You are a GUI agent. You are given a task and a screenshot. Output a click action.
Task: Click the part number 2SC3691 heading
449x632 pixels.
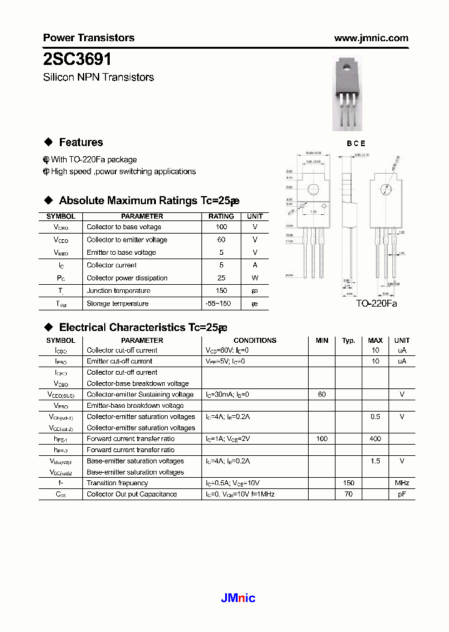(x=77, y=59)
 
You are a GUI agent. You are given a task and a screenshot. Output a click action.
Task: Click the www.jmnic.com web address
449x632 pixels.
(x=371, y=37)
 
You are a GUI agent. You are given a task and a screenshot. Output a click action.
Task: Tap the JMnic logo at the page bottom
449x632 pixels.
(x=238, y=598)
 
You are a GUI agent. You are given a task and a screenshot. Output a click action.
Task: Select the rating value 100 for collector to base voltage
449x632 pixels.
(x=221, y=227)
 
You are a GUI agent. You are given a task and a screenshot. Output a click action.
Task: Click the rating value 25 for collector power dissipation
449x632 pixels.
(x=221, y=278)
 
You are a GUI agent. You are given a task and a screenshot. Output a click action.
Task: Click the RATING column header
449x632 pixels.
(x=221, y=216)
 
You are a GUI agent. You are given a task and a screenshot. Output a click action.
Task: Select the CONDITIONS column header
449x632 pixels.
(x=254, y=340)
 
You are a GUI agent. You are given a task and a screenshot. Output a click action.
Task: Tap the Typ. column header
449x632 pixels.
(x=349, y=340)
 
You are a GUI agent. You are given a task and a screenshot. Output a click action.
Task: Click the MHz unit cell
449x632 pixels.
(x=402, y=483)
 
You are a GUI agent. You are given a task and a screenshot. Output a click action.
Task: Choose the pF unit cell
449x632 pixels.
(x=402, y=494)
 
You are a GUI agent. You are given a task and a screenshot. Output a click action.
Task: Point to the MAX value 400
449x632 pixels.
(x=375, y=439)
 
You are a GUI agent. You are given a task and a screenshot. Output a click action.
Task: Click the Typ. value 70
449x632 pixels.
(x=349, y=494)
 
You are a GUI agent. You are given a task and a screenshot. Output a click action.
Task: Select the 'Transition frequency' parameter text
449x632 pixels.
(x=117, y=483)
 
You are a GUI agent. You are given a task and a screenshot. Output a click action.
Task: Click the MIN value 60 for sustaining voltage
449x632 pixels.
(x=322, y=395)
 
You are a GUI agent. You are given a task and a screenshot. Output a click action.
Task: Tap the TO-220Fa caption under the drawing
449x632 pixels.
(x=376, y=303)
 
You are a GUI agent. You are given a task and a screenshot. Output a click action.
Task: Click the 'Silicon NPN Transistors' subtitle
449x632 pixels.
(x=99, y=77)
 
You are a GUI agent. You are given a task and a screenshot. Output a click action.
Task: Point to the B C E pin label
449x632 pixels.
(x=356, y=143)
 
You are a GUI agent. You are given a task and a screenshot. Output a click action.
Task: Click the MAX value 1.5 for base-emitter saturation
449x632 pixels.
(x=375, y=461)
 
